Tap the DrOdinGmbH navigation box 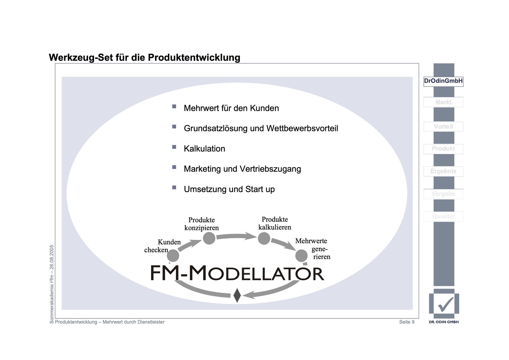[x=443, y=81]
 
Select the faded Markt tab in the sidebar [x=443, y=102]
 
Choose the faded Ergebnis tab [x=443, y=171]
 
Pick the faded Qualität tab [x=443, y=216]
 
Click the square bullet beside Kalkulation [x=174, y=147]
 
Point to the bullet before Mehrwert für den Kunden [x=174, y=106]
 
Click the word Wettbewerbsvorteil [x=302, y=128]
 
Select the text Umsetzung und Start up [x=229, y=189]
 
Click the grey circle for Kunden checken [x=173, y=256]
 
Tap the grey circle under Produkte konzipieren [x=209, y=238]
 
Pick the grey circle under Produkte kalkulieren [x=264, y=238]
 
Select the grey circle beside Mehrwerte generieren [x=301, y=255]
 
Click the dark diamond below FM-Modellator [x=237, y=295]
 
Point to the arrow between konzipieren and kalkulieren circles [x=236, y=236]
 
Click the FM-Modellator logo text [x=237, y=273]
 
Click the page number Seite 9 [x=407, y=322]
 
